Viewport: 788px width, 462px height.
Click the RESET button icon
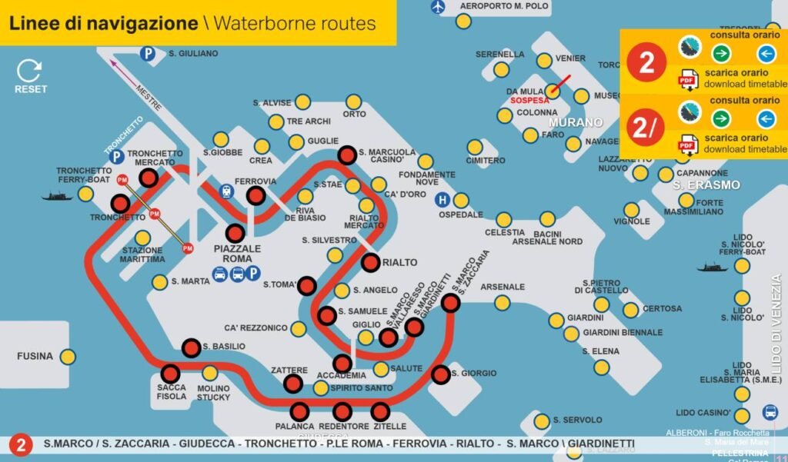(30, 71)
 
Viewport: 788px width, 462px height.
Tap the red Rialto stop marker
(370, 262)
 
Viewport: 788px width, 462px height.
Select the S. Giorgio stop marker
(440, 374)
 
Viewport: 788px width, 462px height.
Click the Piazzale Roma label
(237, 254)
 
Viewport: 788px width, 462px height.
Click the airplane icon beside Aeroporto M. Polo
(439, 7)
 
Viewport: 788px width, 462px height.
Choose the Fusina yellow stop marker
(68, 356)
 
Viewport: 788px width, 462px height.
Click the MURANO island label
(575, 122)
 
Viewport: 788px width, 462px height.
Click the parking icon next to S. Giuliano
(146, 53)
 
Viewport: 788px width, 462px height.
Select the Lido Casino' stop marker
(742, 413)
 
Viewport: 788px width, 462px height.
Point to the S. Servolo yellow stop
(543, 420)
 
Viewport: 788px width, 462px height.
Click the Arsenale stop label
(502, 287)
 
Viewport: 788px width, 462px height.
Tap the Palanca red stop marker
(300, 411)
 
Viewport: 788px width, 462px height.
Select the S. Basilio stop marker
(192, 347)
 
